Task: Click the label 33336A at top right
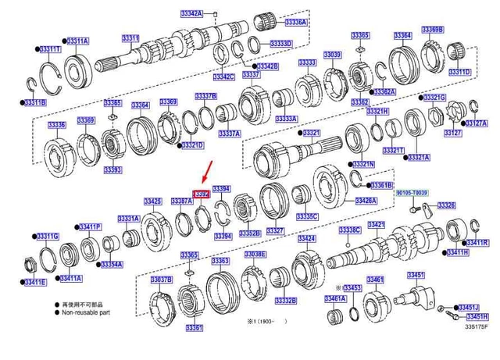pyautogui.click(x=295, y=23)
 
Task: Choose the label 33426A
pyautogui.click(x=366, y=201)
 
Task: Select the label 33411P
pyautogui.click(x=90, y=226)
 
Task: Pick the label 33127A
pyautogui.click(x=475, y=123)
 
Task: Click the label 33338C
pyautogui.click(x=349, y=230)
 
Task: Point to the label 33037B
pyautogui.click(x=161, y=279)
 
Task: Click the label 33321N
pyautogui.click(x=363, y=165)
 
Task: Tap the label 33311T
pyautogui.click(x=49, y=49)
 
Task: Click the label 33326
pyautogui.click(x=446, y=205)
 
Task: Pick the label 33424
pyautogui.click(x=306, y=238)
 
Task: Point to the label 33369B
pyautogui.click(x=432, y=29)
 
